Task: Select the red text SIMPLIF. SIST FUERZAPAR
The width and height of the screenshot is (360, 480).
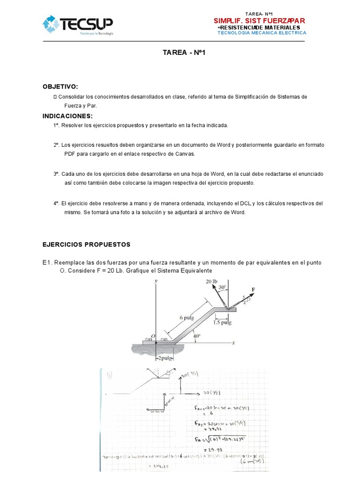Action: point(259,21)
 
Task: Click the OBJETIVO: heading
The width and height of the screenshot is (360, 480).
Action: point(60,87)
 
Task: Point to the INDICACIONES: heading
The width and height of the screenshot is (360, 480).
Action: point(68,116)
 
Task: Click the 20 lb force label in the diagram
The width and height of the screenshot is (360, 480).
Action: point(212,281)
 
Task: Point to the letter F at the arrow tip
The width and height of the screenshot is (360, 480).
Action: point(254,290)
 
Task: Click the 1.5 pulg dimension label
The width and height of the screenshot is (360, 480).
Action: point(222,322)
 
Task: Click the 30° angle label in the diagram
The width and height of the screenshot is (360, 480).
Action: point(222,287)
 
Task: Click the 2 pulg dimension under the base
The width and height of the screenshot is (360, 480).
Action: point(165,358)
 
